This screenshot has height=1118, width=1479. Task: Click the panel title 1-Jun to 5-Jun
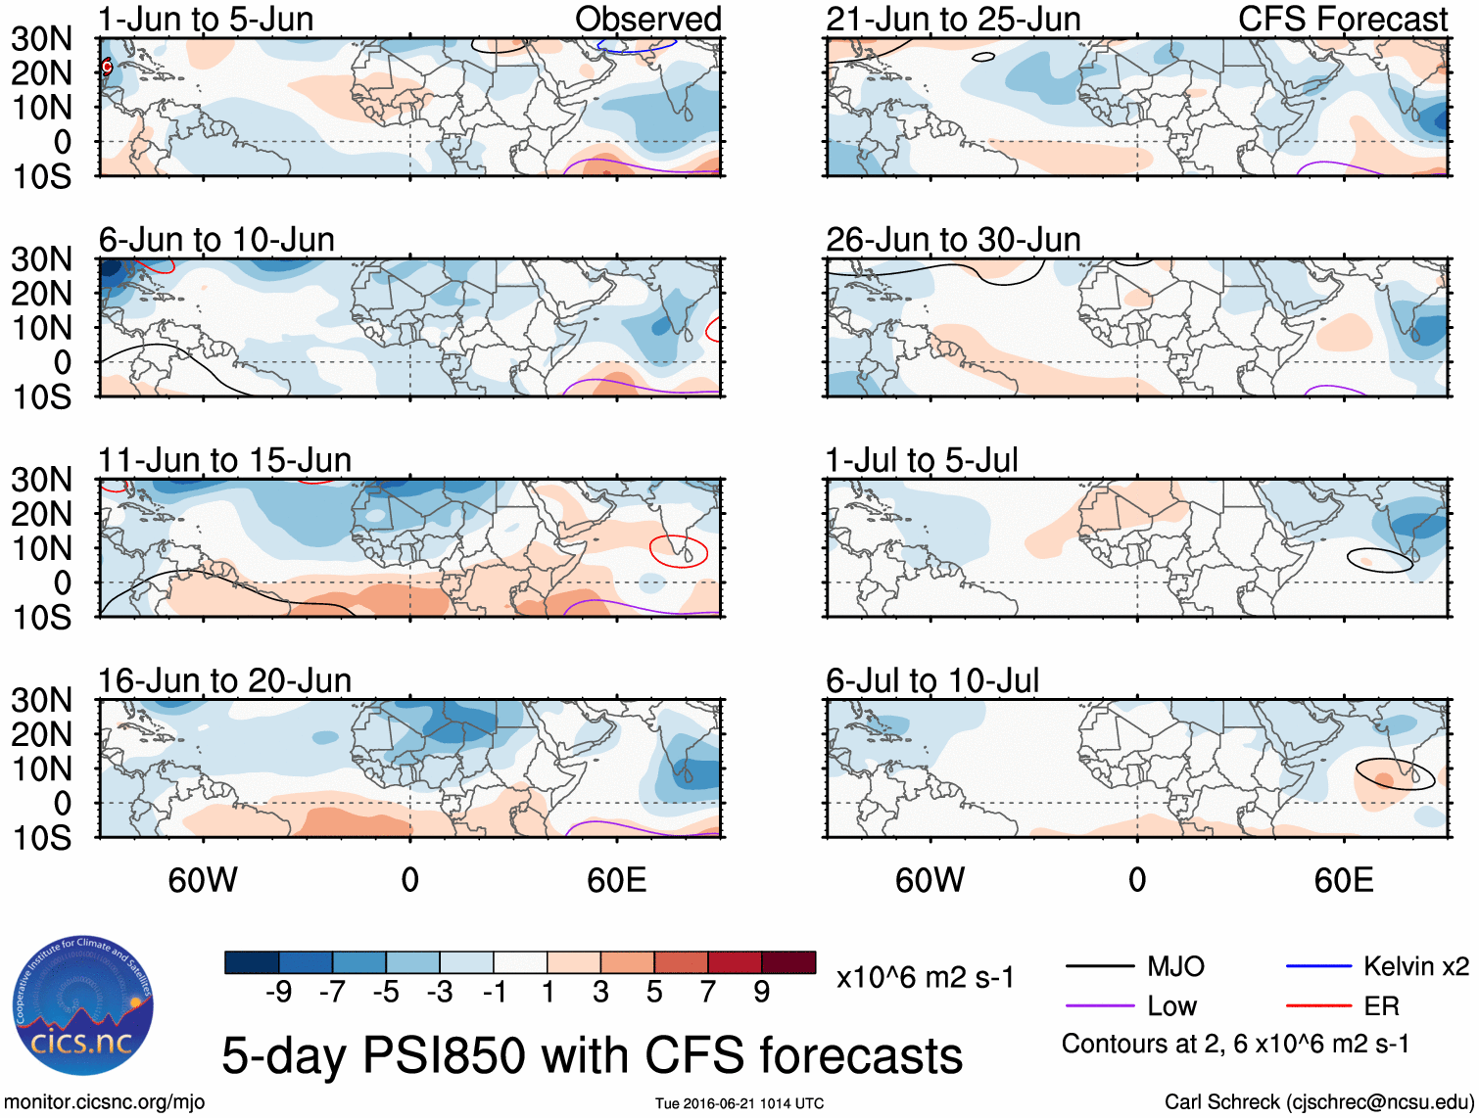click(206, 19)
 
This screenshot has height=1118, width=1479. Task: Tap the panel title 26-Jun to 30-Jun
click(953, 239)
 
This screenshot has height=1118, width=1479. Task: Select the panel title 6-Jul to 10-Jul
click(932, 679)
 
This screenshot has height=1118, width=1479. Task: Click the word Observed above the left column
click(647, 19)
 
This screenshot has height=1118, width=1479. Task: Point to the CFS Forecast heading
click(1342, 19)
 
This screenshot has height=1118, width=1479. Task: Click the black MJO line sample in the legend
click(1099, 966)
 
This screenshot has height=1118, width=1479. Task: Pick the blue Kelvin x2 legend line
click(1318, 966)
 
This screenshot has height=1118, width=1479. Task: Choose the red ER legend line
click(1318, 1004)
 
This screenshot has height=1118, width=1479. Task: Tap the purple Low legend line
click(1099, 1004)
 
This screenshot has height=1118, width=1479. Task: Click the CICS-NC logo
click(83, 1005)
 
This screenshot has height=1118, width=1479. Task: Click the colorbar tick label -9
click(278, 992)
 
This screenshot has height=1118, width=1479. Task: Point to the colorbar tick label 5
click(654, 992)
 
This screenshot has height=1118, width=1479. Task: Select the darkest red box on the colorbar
click(788, 962)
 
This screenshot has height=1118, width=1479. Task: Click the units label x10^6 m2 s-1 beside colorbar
click(925, 977)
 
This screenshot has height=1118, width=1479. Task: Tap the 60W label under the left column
click(203, 879)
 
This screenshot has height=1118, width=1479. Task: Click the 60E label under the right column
click(1343, 879)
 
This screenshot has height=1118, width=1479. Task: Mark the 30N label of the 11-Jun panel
click(41, 480)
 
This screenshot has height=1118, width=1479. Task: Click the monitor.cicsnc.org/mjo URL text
click(105, 1101)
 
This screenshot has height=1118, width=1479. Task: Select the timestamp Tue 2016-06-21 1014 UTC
click(739, 1103)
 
